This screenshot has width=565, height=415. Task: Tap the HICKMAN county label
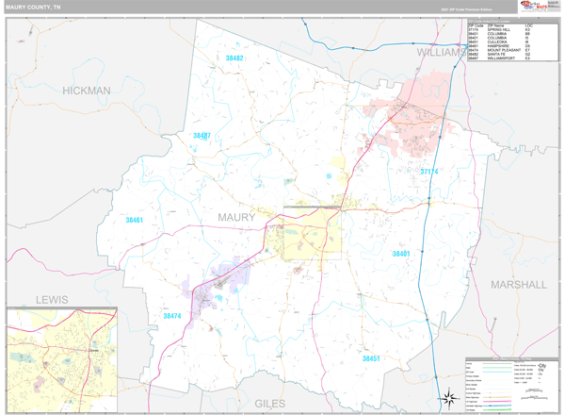click(87, 91)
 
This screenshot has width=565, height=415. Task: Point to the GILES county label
click(269, 403)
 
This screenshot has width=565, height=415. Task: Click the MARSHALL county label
click(517, 284)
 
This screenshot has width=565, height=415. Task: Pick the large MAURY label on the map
click(236, 218)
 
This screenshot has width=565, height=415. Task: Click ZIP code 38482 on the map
click(234, 58)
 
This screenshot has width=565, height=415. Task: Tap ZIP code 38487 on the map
click(202, 136)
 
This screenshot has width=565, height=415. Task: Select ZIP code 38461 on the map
click(134, 220)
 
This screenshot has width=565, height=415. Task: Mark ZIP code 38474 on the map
click(172, 316)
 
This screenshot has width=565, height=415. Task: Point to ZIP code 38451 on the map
click(373, 358)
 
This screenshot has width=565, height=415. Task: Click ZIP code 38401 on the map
click(402, 254)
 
